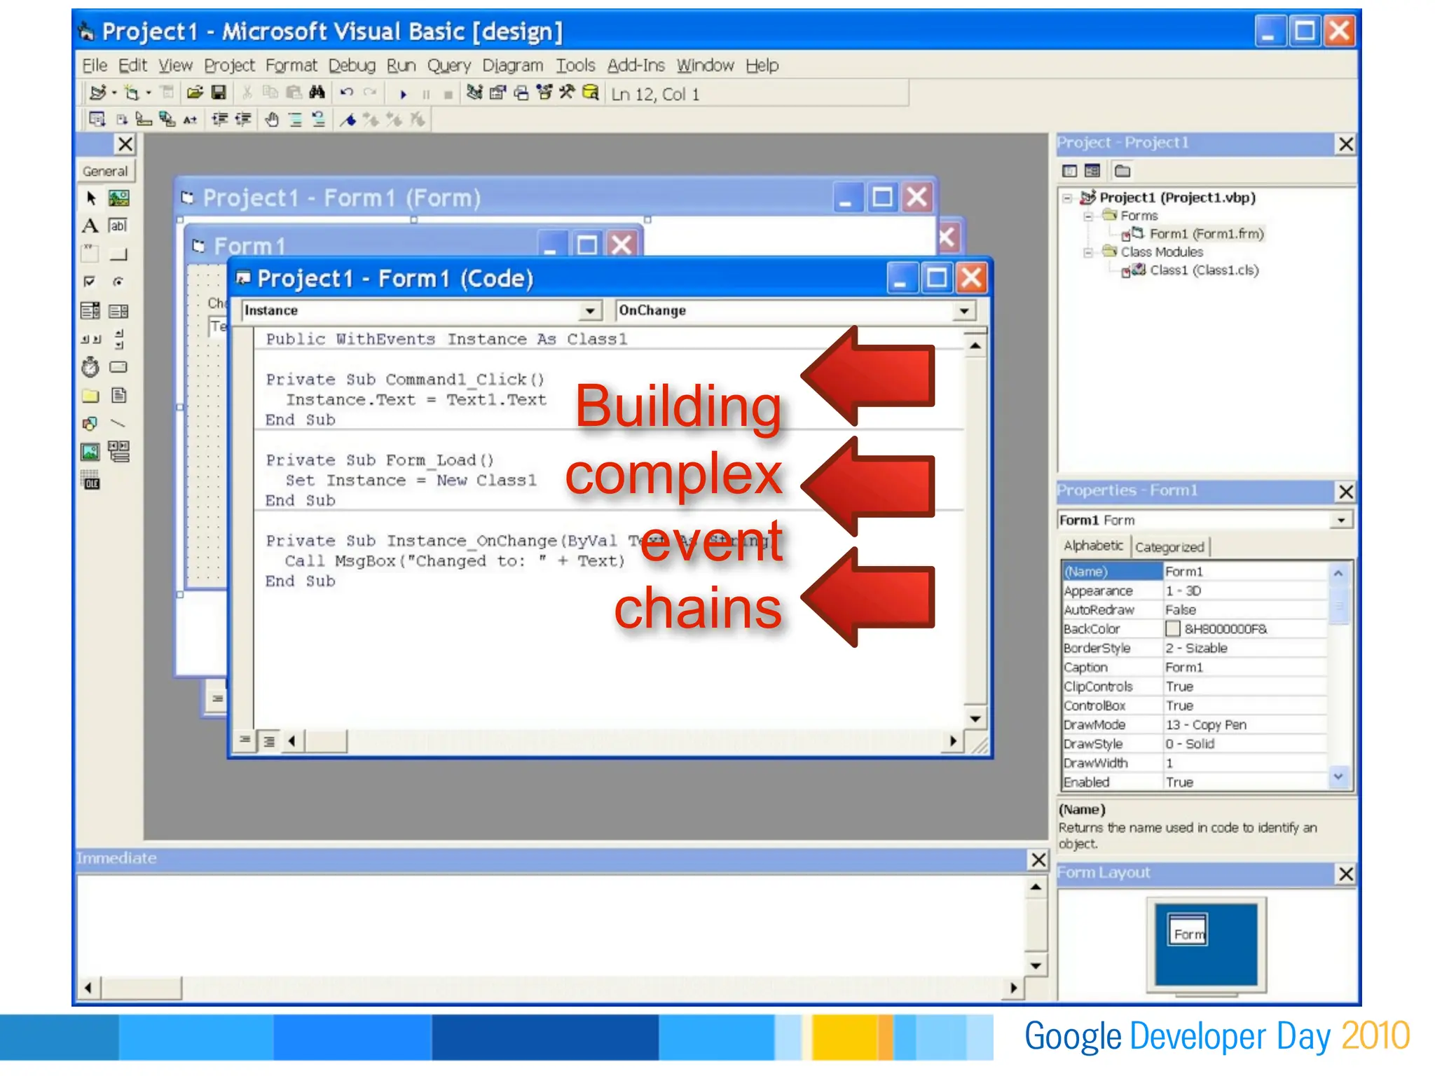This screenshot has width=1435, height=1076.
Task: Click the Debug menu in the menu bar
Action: click(352, 66)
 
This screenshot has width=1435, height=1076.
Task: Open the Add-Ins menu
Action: click(636, 66)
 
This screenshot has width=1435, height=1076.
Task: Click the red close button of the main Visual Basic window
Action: click(1339, 32)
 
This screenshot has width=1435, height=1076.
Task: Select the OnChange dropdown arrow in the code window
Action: click(964, 310)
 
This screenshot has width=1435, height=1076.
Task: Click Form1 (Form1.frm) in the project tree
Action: click(1206, 234)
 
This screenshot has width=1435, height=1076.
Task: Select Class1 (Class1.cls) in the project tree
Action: click(1204, 270)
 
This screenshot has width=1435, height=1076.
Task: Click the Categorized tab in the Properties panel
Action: click(1169, 547)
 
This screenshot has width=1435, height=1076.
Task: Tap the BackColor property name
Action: click(1092, 629)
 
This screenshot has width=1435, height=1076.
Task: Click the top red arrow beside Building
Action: click(869, 376)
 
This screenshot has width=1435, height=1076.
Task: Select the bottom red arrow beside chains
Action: click(869, 597)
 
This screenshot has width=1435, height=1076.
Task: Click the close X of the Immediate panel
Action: click(1038, 860)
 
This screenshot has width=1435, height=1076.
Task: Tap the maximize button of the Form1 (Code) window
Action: click(936, 279)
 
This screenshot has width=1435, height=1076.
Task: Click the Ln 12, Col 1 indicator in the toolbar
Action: click(655, 95)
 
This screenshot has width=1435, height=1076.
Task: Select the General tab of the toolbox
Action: click(105, 172)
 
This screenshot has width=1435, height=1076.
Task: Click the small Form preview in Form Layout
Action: click(1188, 931)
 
